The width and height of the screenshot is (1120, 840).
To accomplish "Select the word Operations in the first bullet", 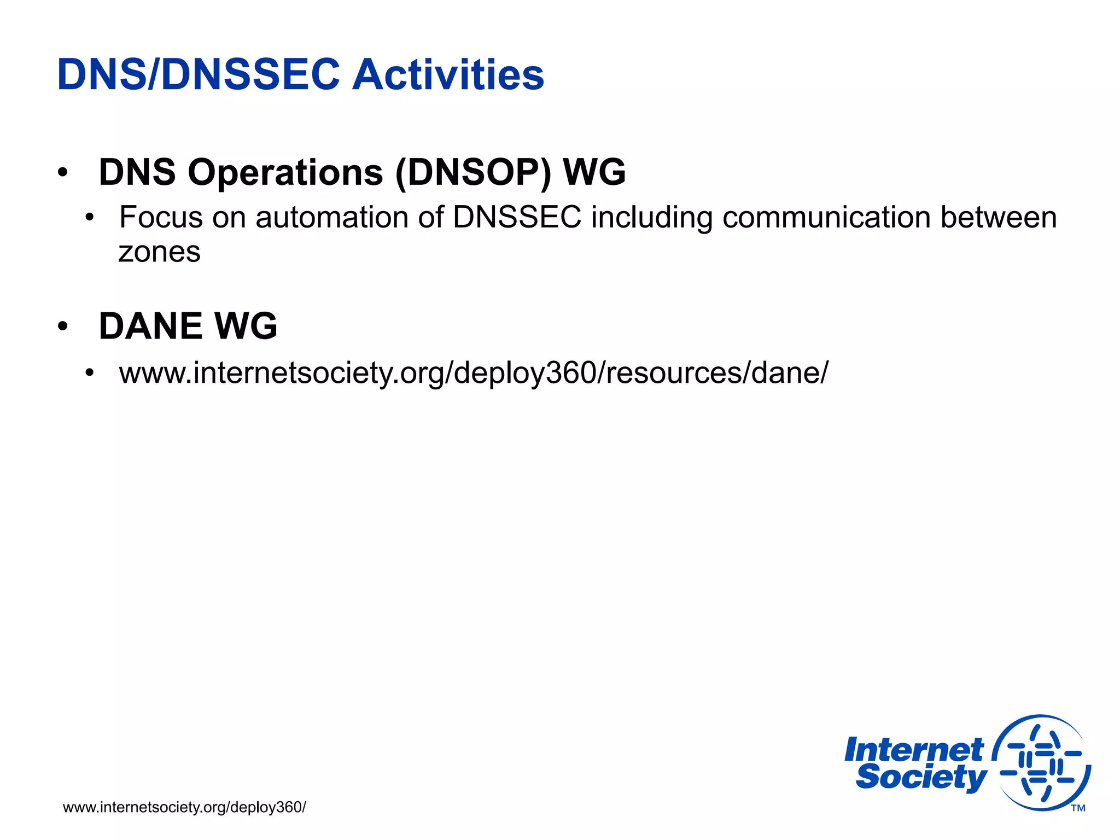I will (x=285, y=172).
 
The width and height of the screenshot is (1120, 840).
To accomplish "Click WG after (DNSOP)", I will (x=594, y=172).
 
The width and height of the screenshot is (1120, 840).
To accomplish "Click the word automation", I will (x=331, y=217).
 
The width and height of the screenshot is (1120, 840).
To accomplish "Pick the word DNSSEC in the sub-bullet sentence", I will (x=517, y=217).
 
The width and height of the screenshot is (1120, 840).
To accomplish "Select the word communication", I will (x=826, y=217).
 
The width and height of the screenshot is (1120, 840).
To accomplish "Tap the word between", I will (x=999, y=217).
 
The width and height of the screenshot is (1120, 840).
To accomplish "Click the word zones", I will (x=160, y=252).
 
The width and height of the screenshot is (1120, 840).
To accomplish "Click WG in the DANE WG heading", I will (x=246, y=326).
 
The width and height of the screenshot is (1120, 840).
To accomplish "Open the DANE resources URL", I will (x=474, y=373).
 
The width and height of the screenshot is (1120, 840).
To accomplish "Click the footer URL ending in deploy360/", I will (x=184, y=807).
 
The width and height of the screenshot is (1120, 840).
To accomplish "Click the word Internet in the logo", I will (x=913, y=750).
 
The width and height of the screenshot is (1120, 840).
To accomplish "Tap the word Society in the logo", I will (x=921, y=778).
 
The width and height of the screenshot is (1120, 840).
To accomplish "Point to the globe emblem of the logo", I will (x=1042, y=762).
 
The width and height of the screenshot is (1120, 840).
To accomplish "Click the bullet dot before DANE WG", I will (x=63, y=326).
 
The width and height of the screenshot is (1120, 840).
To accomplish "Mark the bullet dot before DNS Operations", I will (x=63, y=173).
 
